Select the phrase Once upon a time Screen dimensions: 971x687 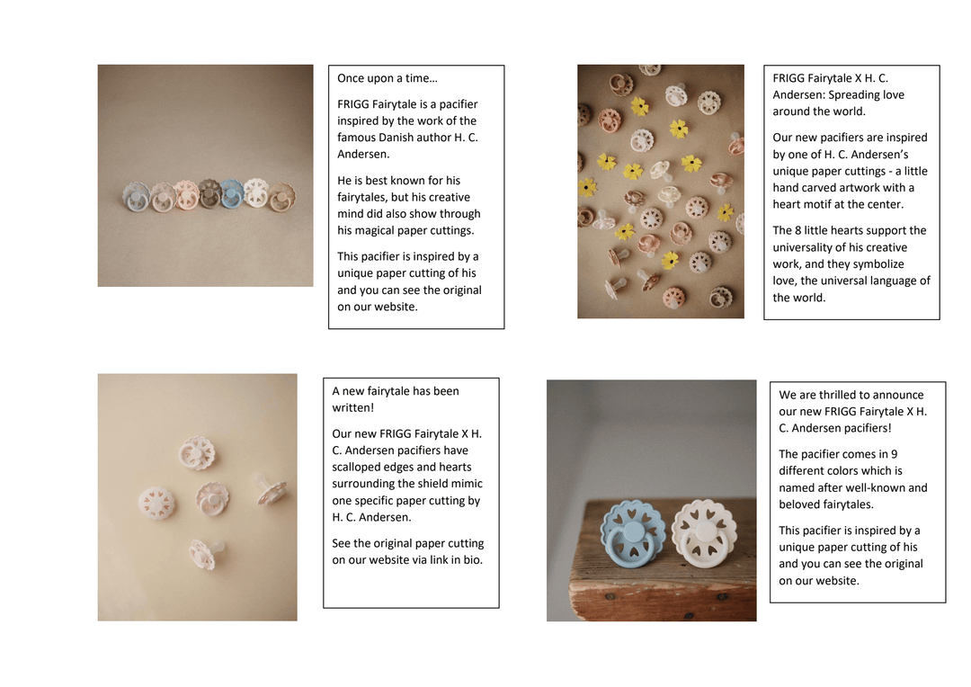[x=384, y=78]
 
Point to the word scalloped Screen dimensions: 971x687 [x=354, y=467]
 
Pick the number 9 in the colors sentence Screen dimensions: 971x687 [x=895, y=454]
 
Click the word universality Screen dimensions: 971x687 [x=803, y=247]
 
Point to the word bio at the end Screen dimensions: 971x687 [x=473, y=560]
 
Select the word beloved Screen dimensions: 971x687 [x=798, y=504]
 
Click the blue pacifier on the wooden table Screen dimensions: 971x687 [x=634, y=532]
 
